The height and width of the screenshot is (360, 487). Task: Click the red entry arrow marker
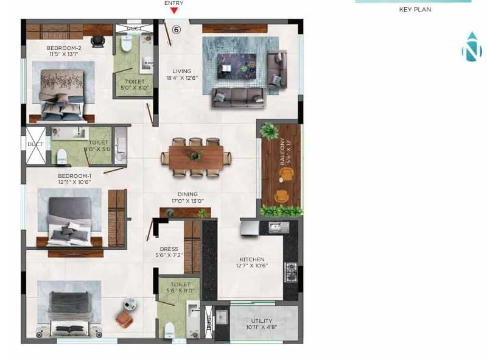174,10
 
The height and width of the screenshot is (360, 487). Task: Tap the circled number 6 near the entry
177,29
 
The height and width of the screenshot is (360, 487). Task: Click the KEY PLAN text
415,10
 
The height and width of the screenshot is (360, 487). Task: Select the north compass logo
471,48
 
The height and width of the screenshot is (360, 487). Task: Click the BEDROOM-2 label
64,48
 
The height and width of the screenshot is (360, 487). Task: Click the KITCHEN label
251,259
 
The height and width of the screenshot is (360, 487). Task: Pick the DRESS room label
169,249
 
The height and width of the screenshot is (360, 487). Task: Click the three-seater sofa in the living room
237,97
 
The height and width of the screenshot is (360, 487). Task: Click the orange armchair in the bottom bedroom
124,320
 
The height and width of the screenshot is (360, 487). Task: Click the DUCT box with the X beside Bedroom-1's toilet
35,145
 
